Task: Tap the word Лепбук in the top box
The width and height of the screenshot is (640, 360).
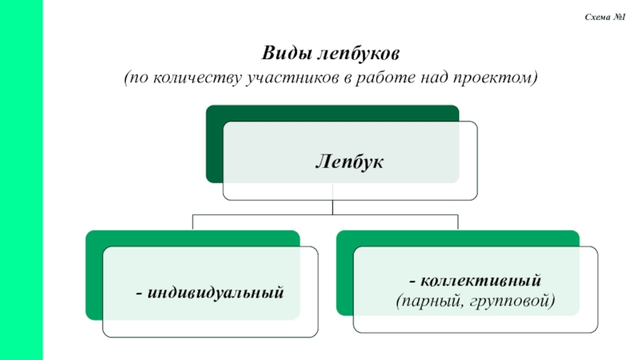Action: pyautogui.click(x=349, y=162)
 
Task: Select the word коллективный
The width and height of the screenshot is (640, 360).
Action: pyautogui.click(x=482, y=281)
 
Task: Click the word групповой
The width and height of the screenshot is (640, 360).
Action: pyautogui.click(x=512, y=301)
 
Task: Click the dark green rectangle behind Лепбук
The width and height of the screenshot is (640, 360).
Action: pyautogui.click(x=213, y=144)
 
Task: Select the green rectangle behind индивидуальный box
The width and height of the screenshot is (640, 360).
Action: pyautogui.click(x=93, y=280)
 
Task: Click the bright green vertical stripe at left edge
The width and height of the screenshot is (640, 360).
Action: pyautogui.click(x=22, y=180)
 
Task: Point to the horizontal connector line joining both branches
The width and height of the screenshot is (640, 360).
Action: pyautogui.click(x=264, y=214)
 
